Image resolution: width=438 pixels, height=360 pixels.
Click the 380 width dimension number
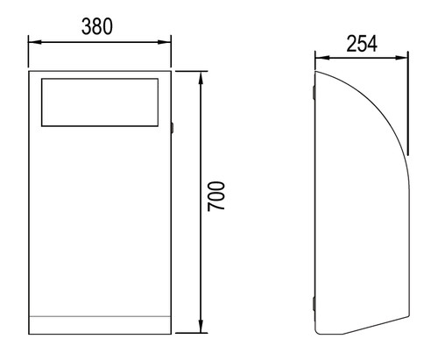pos(97,26)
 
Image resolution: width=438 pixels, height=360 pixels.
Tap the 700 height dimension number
pos(216,196)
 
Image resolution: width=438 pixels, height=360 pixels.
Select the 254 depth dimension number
pos(362,44)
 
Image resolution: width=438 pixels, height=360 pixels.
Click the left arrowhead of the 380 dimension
pos(35,42)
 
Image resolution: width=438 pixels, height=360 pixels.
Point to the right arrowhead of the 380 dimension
pos(165,42)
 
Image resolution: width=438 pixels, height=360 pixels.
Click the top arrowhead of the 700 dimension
pos(201,78)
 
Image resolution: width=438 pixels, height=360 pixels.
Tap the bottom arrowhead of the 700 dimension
pos(201,326)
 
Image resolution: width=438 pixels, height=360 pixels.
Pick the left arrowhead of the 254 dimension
pos(322,58)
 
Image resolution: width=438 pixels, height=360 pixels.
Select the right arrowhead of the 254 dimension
pos(401,58)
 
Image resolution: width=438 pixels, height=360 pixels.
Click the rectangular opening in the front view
pos(100,102)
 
